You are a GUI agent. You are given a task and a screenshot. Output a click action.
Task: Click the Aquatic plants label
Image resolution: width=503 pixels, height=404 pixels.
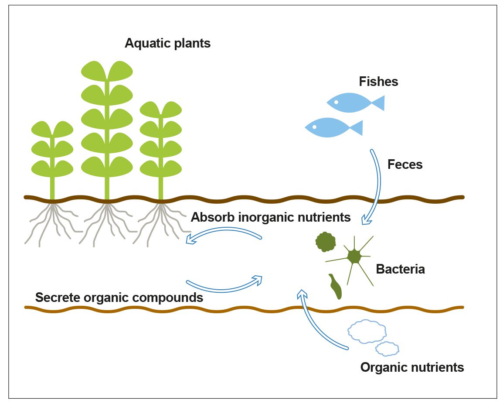click(167, 44)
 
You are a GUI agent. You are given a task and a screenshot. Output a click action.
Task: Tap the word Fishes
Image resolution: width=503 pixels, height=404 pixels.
click(378, 82)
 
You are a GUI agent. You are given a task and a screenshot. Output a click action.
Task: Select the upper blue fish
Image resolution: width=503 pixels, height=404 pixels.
click(351, 103)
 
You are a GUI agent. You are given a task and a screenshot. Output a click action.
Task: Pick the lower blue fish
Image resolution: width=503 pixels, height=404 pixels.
click(329, 127)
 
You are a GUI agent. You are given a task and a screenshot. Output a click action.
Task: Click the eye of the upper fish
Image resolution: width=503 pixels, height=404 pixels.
click(336, 102)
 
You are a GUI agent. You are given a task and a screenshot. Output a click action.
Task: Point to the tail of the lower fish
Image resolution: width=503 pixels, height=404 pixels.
click(357, 128)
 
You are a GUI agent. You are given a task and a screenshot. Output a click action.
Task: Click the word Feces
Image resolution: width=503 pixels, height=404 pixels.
click(405, 164)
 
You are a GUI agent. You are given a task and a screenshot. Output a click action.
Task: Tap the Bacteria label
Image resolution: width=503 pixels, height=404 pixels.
click(400, 269)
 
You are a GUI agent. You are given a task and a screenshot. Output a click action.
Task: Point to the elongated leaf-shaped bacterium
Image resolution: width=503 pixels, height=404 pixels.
click(336, 287)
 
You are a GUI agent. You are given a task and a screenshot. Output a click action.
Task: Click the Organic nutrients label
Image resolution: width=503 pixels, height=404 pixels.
click(412, 367)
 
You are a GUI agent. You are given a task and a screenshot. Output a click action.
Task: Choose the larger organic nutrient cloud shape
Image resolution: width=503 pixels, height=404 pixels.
click(367, 331)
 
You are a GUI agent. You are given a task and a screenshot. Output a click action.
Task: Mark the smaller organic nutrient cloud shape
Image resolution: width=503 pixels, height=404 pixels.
click(387, 349)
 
